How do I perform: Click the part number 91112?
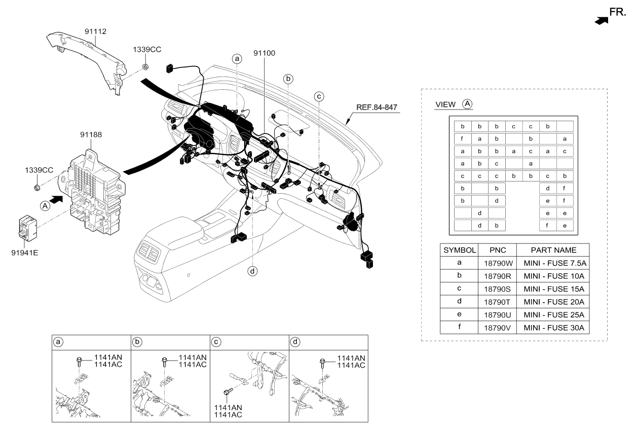click(95, 31)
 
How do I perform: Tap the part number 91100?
click(264, 53)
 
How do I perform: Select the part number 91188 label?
click(91, 134)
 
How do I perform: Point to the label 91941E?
click(25, 253)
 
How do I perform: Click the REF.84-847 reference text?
click(377, 107)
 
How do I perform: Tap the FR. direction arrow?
click(601, 21)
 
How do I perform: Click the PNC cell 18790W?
click(498, 263)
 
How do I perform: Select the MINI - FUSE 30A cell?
click(554, 328)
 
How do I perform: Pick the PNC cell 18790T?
click(497, 302)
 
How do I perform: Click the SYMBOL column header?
click(459, 250)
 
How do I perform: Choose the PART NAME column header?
click(553, 250)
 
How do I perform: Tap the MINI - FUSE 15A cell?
click(554, 289)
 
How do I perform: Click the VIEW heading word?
click(445, 104)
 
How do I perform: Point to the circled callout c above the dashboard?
click(319, 96)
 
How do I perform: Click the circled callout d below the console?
click(252, 271)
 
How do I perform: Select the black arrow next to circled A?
click(56, 199)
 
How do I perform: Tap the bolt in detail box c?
click(228, 391)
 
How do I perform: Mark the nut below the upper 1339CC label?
click(145, 67)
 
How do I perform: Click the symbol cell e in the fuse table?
click(459, 314)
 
